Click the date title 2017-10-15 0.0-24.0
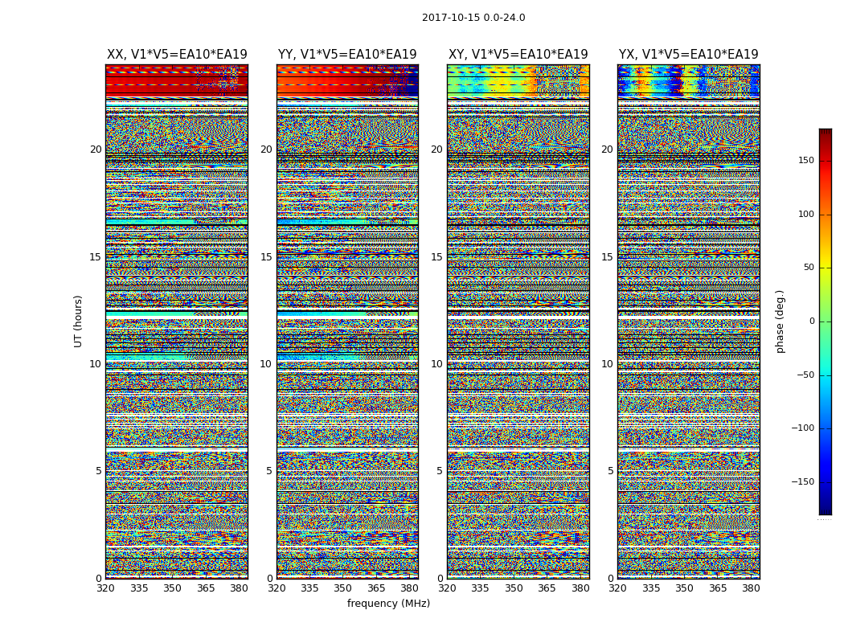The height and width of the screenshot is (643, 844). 473,18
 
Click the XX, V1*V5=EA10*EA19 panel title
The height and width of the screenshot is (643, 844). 177,55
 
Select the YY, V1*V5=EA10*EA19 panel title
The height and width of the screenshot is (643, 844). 347,55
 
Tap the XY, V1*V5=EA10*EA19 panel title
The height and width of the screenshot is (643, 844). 518,55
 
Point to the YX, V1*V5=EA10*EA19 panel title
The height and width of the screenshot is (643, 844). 688,55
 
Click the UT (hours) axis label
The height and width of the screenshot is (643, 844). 79,321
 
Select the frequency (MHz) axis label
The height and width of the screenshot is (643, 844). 388,604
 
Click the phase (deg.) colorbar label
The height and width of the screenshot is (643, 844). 780,321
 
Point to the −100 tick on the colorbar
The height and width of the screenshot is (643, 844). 827,428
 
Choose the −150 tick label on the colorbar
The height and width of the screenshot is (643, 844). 827,482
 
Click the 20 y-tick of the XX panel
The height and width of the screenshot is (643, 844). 96,149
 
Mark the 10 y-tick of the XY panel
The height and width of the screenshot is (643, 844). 436,364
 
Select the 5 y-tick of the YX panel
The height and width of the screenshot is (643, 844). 610,471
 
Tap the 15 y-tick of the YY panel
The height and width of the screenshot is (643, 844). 266,257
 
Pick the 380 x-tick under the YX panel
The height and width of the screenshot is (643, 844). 751,588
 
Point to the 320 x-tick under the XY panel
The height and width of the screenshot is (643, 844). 448,588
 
